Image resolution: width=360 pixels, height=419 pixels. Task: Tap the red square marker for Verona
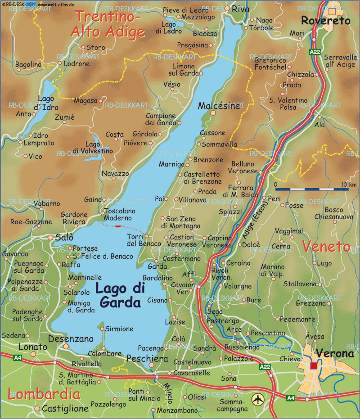[314, 365]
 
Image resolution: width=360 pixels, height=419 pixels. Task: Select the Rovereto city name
[325, 21]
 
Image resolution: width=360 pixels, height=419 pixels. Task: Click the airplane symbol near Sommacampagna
[257, 399]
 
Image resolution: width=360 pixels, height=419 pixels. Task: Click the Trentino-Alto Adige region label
[108, 24]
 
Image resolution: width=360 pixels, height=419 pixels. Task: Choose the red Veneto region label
[326, 246]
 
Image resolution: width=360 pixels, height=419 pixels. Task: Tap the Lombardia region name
[44, 395]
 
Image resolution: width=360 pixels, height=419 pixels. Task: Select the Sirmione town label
[120, 329]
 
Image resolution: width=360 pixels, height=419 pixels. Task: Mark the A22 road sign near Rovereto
[315, 52]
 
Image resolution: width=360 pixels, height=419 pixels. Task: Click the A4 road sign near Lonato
[17, 358]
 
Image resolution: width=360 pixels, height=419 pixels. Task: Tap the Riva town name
[240, 9]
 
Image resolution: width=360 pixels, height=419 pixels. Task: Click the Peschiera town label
[147, 359]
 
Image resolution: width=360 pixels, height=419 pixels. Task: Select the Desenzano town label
[71, 338]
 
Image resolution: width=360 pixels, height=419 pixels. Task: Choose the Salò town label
[64, 237]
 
